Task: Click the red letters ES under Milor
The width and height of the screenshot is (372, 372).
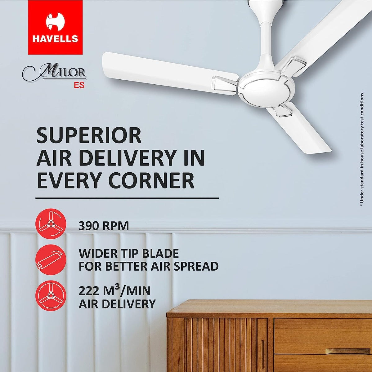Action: (x=79, y=85)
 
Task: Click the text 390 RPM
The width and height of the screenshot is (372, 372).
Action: (x=103, y=226)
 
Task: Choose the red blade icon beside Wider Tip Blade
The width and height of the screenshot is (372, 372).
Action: (x=51, y=260)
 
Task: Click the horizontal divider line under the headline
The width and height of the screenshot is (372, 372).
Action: (x=127, y=198)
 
